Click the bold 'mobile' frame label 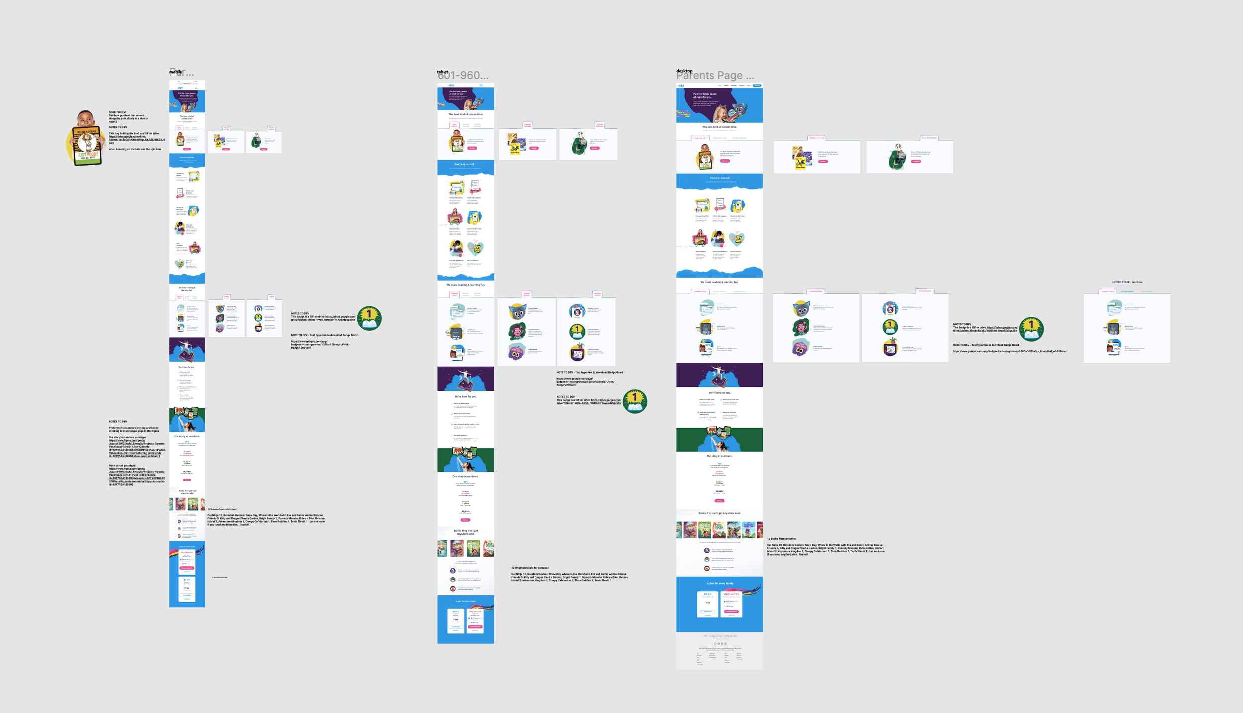(x=176, y=72)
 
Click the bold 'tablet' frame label (x=443, y=72)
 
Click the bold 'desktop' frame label (x=684, y=71)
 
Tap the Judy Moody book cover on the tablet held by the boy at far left (x=88, y=146)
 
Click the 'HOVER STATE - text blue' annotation (x=1127, y=282)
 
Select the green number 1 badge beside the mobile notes (x=369, y=318)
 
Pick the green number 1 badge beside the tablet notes (x=635, y=401)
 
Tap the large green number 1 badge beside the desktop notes (x=1031, y=328)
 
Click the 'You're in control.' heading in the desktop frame (x=719, y=178)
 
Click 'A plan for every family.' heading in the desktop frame (x=719, y=583)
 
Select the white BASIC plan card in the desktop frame (x=708, y=604)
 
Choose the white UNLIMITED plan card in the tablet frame (x=475, y=620)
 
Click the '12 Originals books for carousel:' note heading (x=530, y=568)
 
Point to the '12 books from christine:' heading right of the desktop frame (x=781, y=539)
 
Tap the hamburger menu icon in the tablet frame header (x=481, y=85)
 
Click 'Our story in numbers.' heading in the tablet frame (x=465, y=476)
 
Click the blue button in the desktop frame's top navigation (x=757, y=86)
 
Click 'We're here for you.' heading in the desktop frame (x=719, y=393)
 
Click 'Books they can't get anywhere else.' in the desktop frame (x=719, y=513)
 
